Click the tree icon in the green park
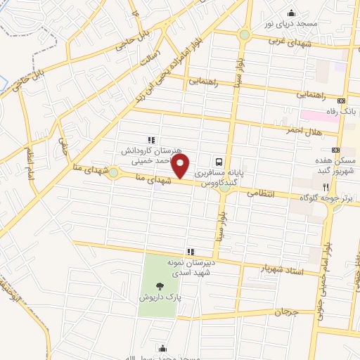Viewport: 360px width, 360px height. pos(160,286)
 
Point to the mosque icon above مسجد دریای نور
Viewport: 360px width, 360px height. pos(291,13)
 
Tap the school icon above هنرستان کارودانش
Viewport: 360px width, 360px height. pos(150,140)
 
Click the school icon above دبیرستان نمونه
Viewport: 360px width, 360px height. pos(189,251)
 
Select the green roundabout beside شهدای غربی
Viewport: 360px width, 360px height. pos(244,34)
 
